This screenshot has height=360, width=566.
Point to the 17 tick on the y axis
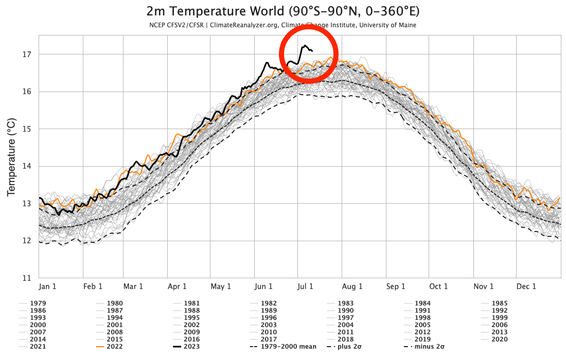(x=27, y=55)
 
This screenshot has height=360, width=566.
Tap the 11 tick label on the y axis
(x=27, y=278)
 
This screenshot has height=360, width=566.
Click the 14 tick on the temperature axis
(x=27, y=166)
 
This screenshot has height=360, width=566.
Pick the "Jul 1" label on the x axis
(x=305, y=286)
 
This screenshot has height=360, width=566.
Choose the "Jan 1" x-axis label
(x=47, y=286)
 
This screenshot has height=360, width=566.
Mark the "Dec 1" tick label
(x=527, y=286)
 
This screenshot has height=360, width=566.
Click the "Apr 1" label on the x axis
(x=177, y=286)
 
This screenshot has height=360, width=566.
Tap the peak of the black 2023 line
(x=305, y=46)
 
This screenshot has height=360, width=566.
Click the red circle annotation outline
(x=279, y=54)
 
